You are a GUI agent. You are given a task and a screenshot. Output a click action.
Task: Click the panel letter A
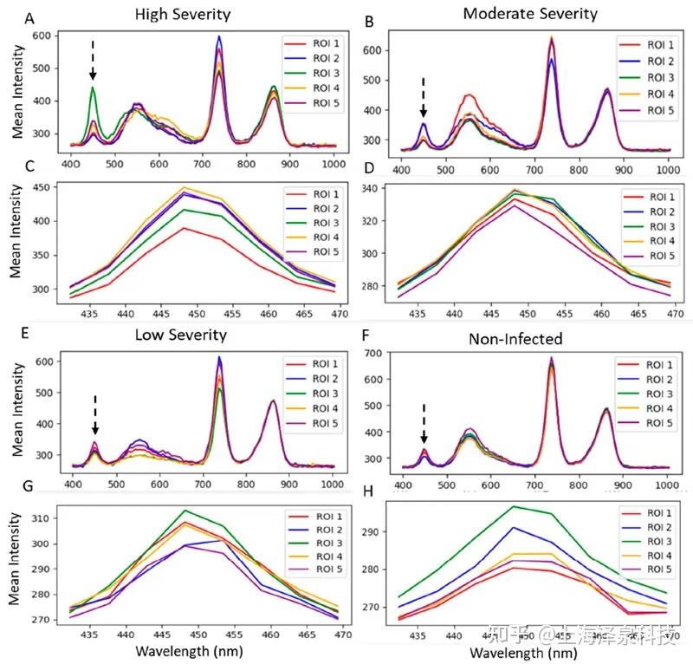[x=30, y=18]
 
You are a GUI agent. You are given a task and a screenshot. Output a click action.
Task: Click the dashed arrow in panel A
[x=93, y=61]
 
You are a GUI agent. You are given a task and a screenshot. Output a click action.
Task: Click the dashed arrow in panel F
[x=424, y=424]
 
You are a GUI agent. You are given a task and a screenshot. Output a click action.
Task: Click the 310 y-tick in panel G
[x=42, y=518]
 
